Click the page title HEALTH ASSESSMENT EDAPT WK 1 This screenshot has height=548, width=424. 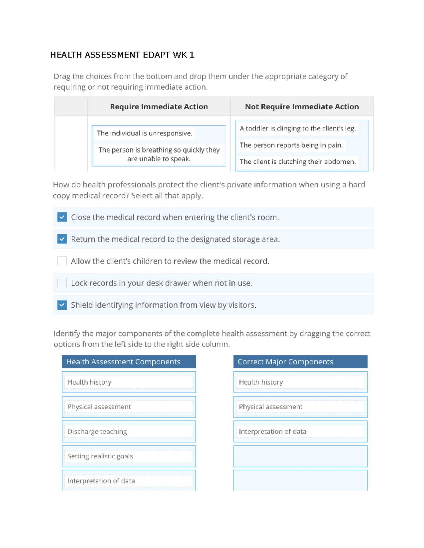click(122, 55)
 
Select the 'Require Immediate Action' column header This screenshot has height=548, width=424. click(159, 107)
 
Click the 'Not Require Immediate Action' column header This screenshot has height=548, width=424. click(302, 107)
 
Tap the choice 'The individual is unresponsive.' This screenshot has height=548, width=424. click(144, 133)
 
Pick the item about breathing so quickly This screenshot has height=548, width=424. click(159, 154)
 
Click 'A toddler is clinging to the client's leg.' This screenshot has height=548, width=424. click(297, 128)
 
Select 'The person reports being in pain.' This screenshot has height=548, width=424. click(291, 145)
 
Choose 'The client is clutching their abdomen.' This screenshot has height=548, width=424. click(297, 162)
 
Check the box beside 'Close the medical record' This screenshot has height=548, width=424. click(62, 217)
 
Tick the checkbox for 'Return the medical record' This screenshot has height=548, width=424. click(62, 239)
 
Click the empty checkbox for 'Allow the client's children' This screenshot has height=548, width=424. click(62, 261)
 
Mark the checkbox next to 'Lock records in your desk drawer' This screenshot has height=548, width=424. click(62, 283)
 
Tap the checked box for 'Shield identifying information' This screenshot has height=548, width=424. click(62, 305)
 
